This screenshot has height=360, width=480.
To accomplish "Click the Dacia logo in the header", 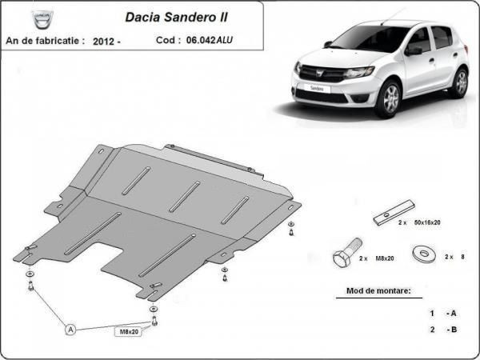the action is pos(42,19).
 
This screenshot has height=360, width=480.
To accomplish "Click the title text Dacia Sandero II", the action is pos(176,17).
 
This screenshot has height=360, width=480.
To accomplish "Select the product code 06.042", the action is pos(201,40).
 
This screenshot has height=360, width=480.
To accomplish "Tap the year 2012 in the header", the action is pos(103,42).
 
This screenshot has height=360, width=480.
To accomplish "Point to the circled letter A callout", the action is pos(70,330).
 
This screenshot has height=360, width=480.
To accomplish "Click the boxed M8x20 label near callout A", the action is pos(129,331).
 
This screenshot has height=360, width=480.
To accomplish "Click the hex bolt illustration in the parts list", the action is pos(347,252).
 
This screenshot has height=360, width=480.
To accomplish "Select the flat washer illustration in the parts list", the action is pos(424,254).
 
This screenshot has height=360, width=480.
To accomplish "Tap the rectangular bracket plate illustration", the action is pos(394,213).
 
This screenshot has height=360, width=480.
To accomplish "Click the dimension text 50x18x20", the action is pos(427,222).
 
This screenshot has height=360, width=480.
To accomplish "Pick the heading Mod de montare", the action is pos(378,290).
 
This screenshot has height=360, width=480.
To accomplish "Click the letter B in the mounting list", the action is pos(454,330).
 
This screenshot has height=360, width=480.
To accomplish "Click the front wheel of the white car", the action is pos(388,99).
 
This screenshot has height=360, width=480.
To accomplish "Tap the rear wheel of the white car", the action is pos(461,82).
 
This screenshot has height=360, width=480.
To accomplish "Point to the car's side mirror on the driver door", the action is pos(414,50).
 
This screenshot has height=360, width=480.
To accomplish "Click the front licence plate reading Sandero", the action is pos(317,88).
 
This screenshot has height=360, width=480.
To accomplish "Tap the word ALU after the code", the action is pos(225,40).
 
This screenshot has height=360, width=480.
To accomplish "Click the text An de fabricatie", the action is pos(45,41).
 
